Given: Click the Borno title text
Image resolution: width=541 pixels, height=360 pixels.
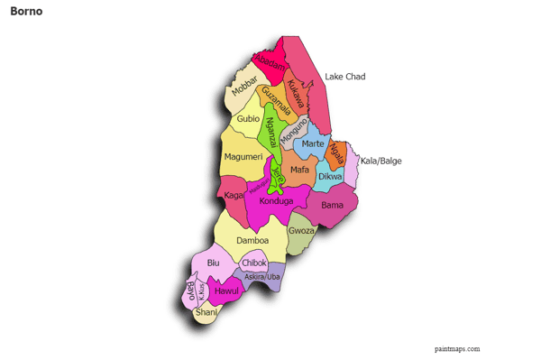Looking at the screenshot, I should tap(26, 13).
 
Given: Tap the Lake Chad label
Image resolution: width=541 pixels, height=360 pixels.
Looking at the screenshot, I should tap(344, 77).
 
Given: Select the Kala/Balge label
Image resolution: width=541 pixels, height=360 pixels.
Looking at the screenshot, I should tap(381, 162).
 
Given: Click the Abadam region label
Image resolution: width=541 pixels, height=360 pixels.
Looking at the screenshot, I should tap(269, 60).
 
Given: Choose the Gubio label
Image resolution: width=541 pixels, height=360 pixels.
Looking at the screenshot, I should tap(248, 118).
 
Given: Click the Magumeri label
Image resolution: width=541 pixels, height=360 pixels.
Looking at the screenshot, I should tap(242, 157).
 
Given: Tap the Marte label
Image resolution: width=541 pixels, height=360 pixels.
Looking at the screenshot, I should tap(313, 144).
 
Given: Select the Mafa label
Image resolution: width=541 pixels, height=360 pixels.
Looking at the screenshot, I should tap(300, 169).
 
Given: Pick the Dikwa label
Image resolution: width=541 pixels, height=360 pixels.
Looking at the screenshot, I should tap(330, 178).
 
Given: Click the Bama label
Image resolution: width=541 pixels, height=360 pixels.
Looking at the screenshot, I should tap(332, 205).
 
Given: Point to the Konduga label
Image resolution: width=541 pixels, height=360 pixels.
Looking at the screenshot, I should tap(276, 201).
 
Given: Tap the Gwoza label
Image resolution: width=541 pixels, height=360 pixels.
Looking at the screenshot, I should tap(301, 230).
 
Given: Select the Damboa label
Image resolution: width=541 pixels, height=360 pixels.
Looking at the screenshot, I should tap(252, 241).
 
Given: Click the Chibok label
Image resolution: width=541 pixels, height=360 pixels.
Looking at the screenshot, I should tap(254, 263).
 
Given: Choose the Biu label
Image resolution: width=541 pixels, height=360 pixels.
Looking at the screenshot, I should tap(214, 263).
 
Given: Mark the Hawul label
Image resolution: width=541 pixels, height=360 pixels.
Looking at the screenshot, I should tap(227, 292).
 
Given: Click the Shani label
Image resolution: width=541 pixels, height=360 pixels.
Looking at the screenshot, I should tap(206, 312).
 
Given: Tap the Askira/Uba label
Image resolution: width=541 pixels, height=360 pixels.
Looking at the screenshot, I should tap(261, 277).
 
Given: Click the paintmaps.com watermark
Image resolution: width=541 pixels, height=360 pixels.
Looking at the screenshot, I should tap(457, 348).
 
